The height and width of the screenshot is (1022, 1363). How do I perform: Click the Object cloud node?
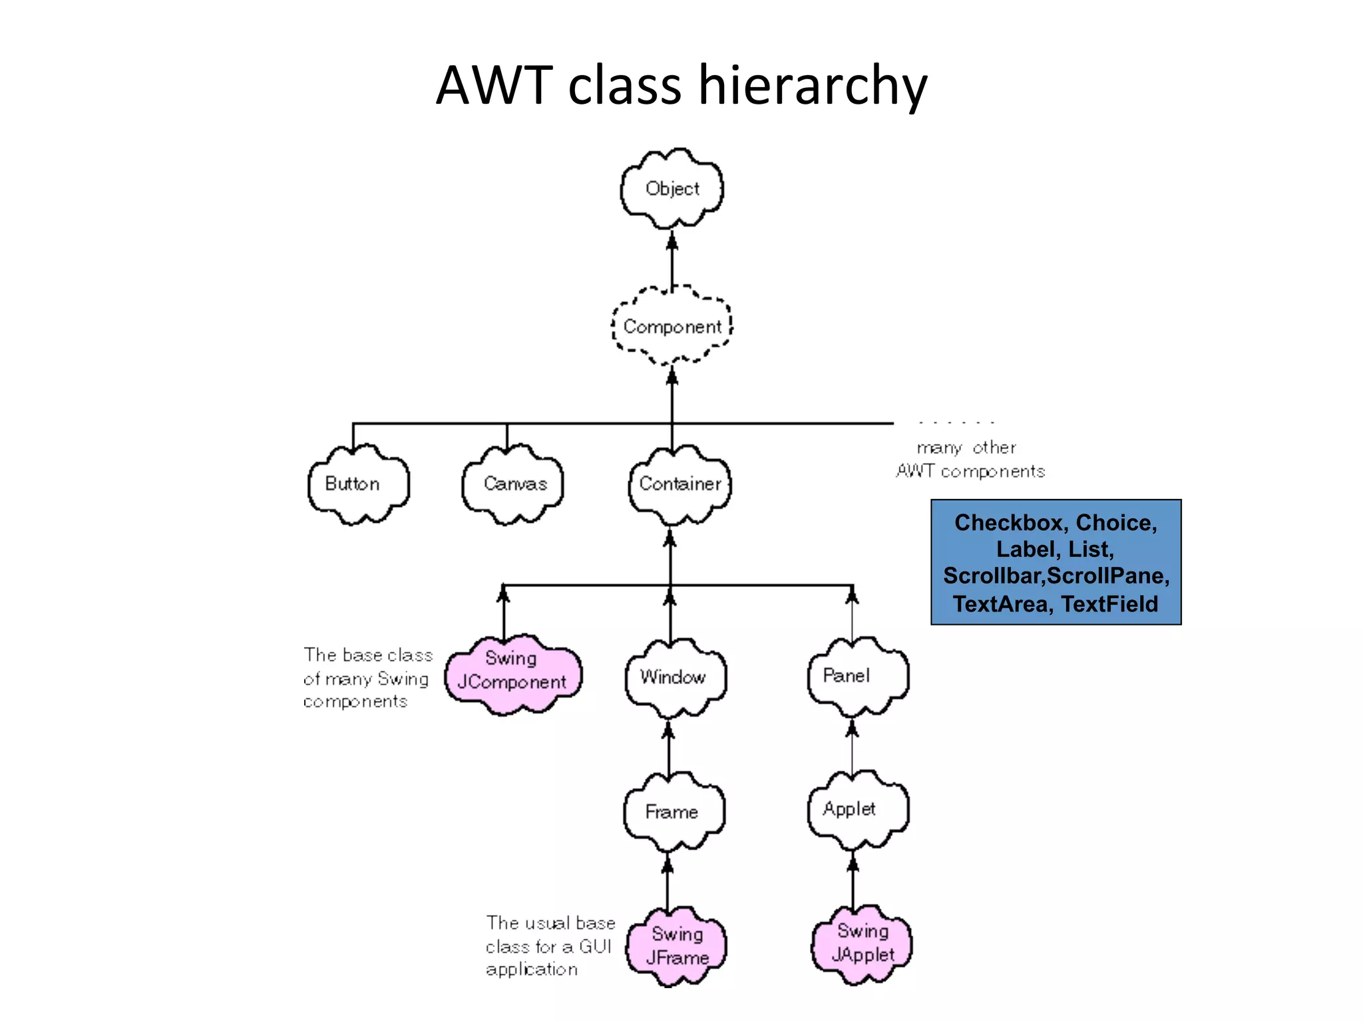672,189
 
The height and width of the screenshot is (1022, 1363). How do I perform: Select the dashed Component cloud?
672,327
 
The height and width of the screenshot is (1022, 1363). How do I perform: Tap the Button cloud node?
358,484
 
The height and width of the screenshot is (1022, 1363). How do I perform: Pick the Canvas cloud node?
513,484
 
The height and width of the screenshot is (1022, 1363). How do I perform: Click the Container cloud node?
680,484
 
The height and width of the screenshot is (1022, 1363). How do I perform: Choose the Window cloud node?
674,677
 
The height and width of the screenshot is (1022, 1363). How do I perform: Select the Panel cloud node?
856,676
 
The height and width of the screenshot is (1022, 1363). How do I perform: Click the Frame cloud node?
673,812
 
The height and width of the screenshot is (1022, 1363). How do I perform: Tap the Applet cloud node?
857,810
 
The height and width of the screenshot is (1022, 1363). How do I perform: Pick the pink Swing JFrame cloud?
676,946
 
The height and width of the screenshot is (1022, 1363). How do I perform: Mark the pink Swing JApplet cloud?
862,943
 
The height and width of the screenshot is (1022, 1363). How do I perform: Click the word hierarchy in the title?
812,86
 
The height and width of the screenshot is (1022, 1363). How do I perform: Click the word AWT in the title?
494,86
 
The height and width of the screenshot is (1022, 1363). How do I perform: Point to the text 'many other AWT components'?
970,460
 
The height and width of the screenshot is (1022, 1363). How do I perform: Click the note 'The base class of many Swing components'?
367,678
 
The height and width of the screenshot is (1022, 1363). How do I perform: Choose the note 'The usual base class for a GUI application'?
550,945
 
